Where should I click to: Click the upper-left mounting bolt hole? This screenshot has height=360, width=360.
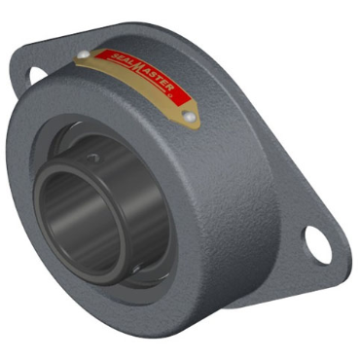point(36,72)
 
